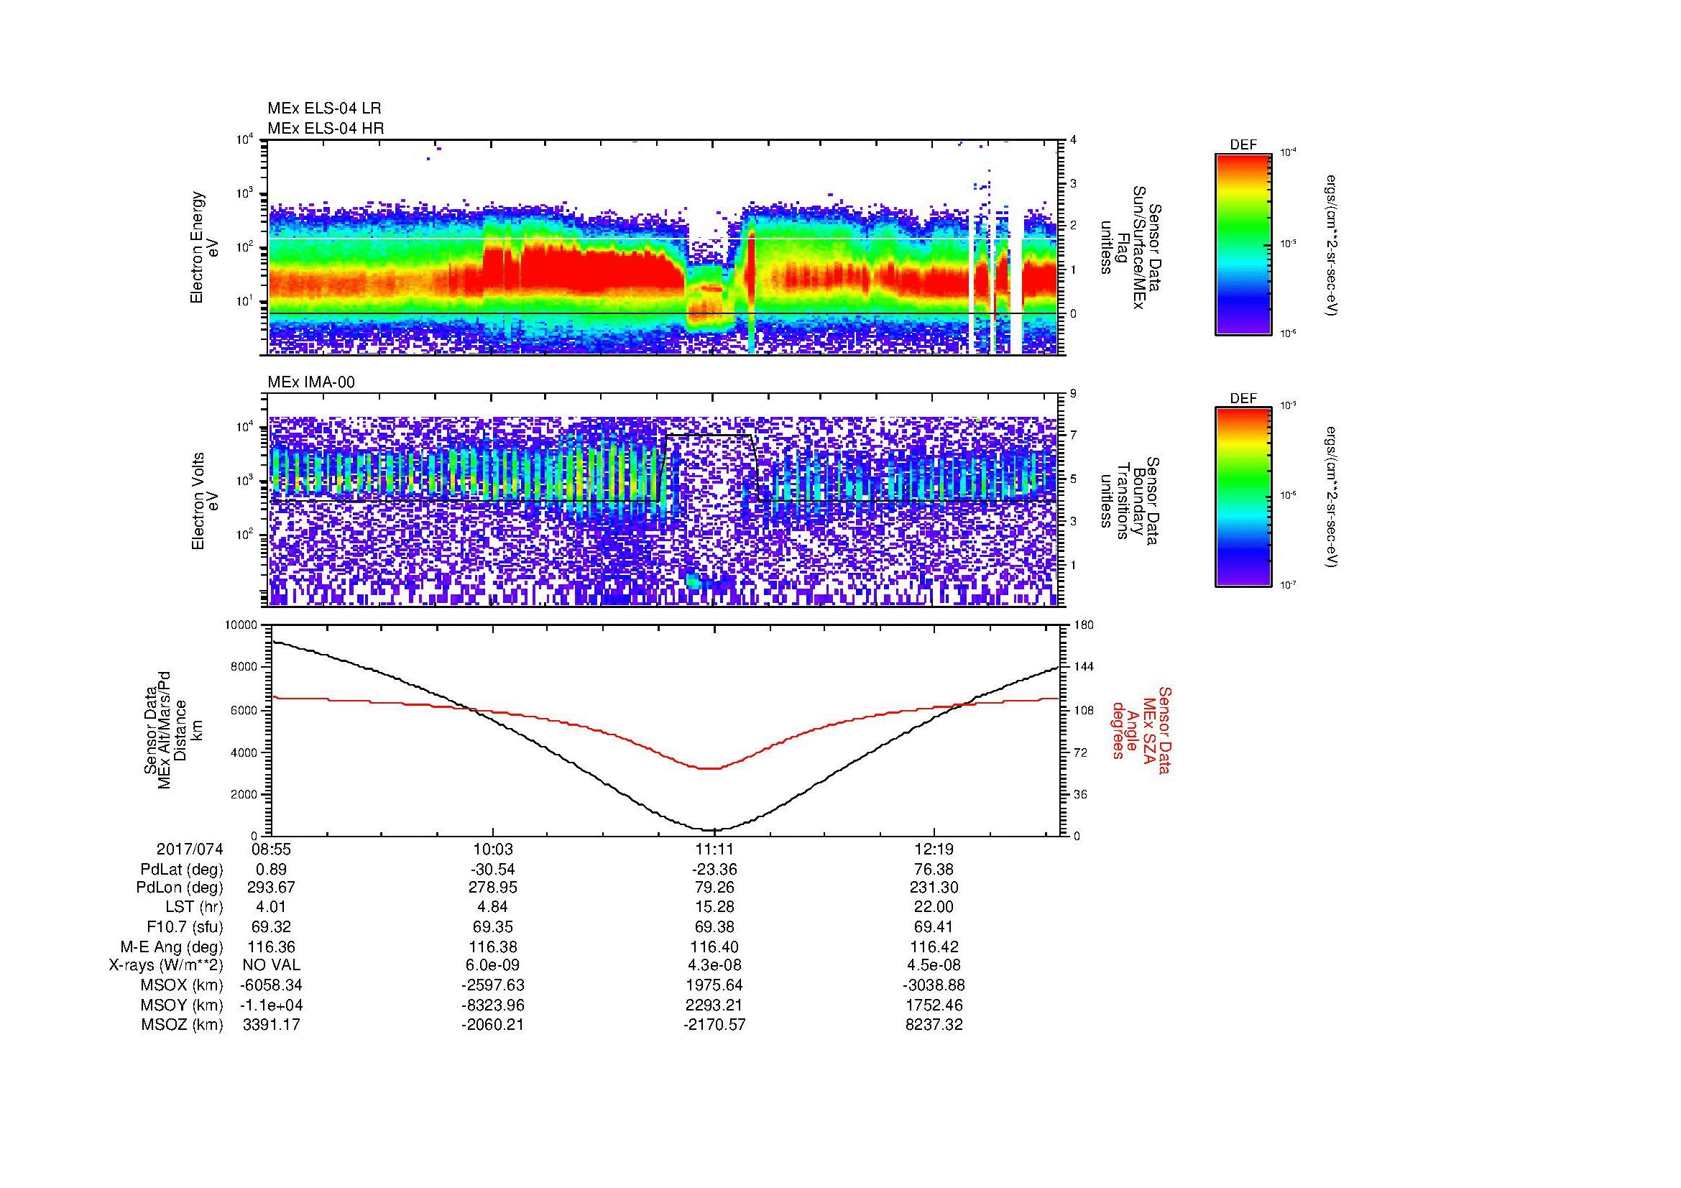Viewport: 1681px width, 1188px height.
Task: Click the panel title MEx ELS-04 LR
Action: (x=324, y=109)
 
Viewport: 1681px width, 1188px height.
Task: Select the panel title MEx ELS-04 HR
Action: (x=326, y=128)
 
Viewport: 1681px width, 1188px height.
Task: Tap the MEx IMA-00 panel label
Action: (x=311, y=382)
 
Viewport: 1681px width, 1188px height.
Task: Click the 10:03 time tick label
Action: (x=493, y=849)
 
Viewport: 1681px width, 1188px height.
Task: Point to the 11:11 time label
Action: (x=714, y=849)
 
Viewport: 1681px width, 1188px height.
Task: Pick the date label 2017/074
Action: (x=190, y=849)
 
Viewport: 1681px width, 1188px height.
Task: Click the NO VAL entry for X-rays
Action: (x=272, y=965)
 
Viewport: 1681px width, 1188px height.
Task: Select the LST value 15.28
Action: (x=714, y=908)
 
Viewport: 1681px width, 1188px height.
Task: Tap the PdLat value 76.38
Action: (x=934, y=870)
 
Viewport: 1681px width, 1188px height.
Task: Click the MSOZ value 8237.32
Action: (x=934, y=1025)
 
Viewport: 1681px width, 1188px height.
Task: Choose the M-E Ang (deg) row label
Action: (x=172, y=947)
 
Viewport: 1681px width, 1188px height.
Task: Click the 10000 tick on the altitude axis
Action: (x=241, y=625)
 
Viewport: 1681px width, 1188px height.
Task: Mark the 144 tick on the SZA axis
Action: (x=1083, y=668)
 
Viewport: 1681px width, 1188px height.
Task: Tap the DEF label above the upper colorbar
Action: (x=1243, y=145)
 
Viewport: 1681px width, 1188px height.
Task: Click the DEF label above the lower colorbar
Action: (x=1243, y=399)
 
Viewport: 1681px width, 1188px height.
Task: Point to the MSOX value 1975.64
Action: (x=714, y=986)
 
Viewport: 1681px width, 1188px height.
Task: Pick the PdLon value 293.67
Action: (x=272, y=888)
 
